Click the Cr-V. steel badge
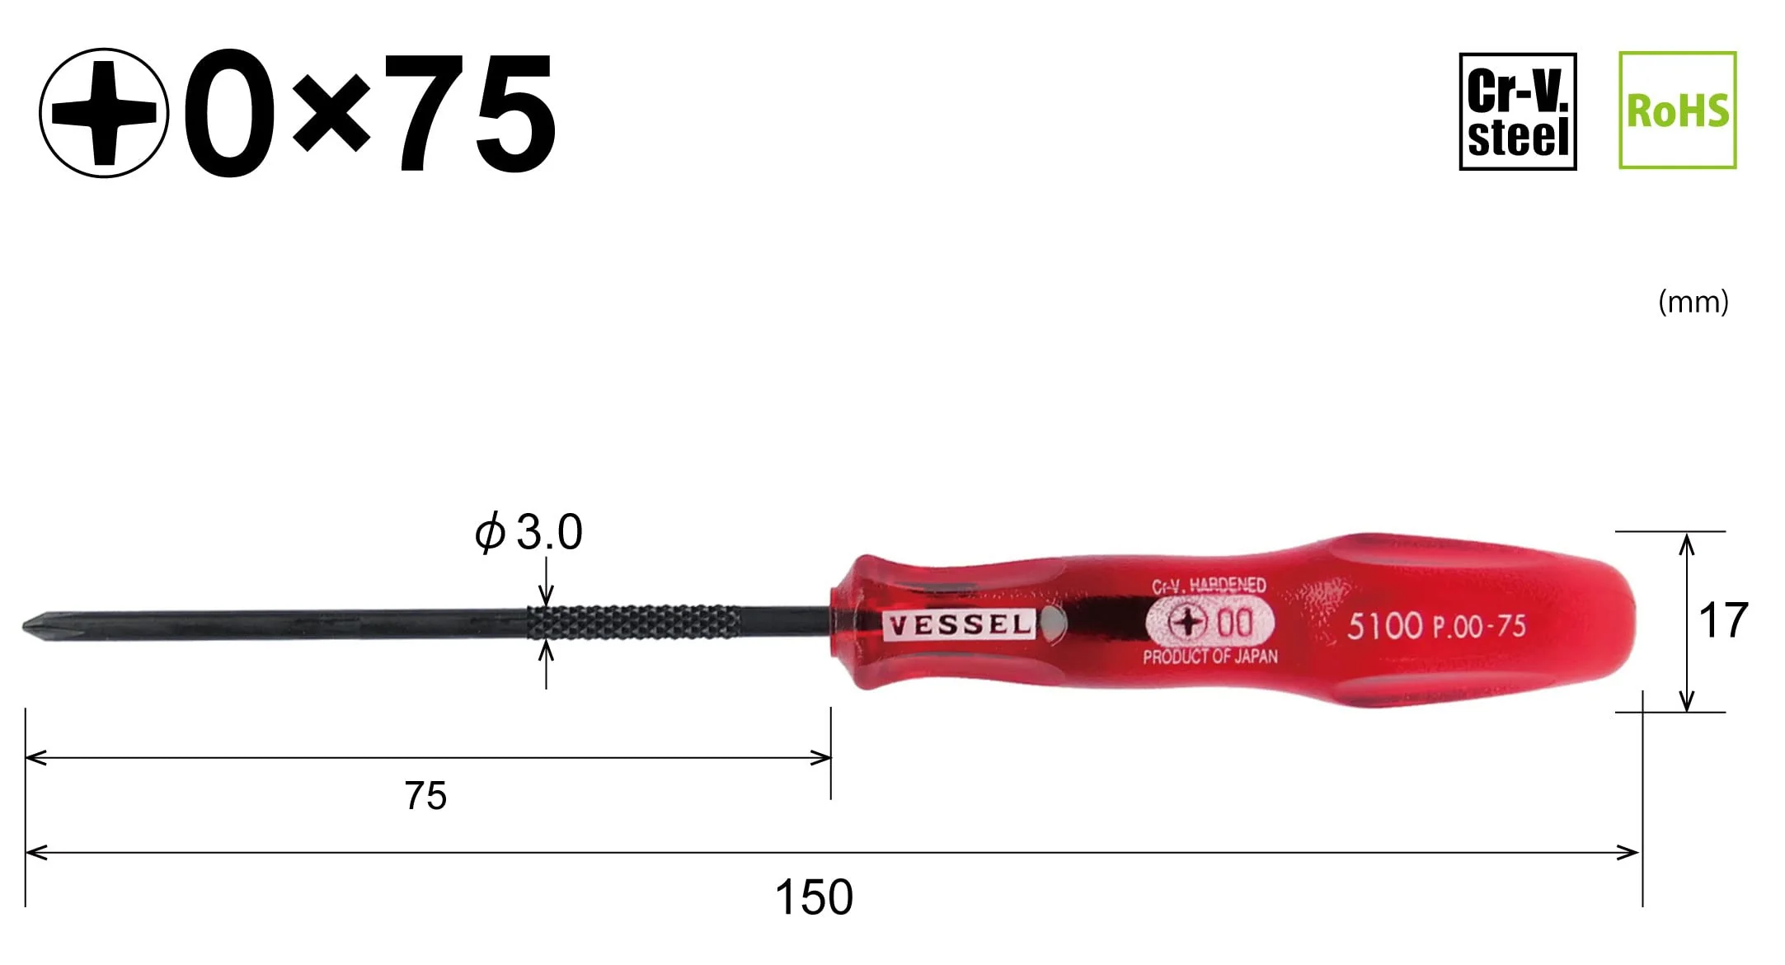pyautogui.click(x=1517, y=111)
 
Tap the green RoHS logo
pyautogui.click(x=1677, y=111)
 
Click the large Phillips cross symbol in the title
pyautogui.click(x=104, y=112)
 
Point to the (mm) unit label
pyautogui.click(x=1693, y=302)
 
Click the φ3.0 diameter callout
pyautogui.click(x=528, y=532)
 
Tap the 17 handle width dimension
pyautogui.click(x=1723, y=620)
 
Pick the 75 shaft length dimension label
pyautogui.click(x=425, y=796)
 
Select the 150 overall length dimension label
pyautogui.click(x=814, y=897)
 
